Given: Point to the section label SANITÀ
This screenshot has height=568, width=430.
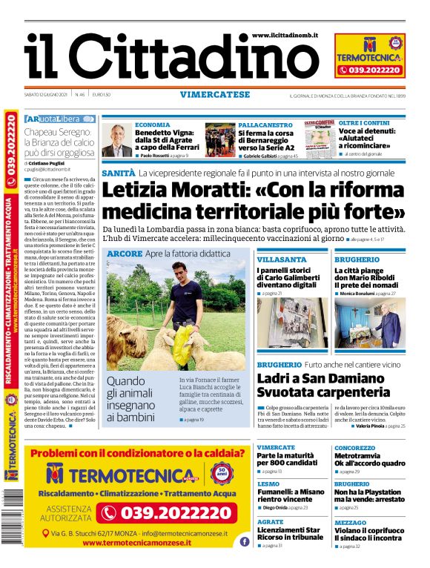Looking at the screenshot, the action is point(119,173).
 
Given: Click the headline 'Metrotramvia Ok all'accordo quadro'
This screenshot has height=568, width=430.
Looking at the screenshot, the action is point(369,459).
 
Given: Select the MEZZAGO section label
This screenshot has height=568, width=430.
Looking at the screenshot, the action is point(350,523).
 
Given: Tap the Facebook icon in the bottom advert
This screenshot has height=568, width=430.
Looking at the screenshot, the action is point(244,541).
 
